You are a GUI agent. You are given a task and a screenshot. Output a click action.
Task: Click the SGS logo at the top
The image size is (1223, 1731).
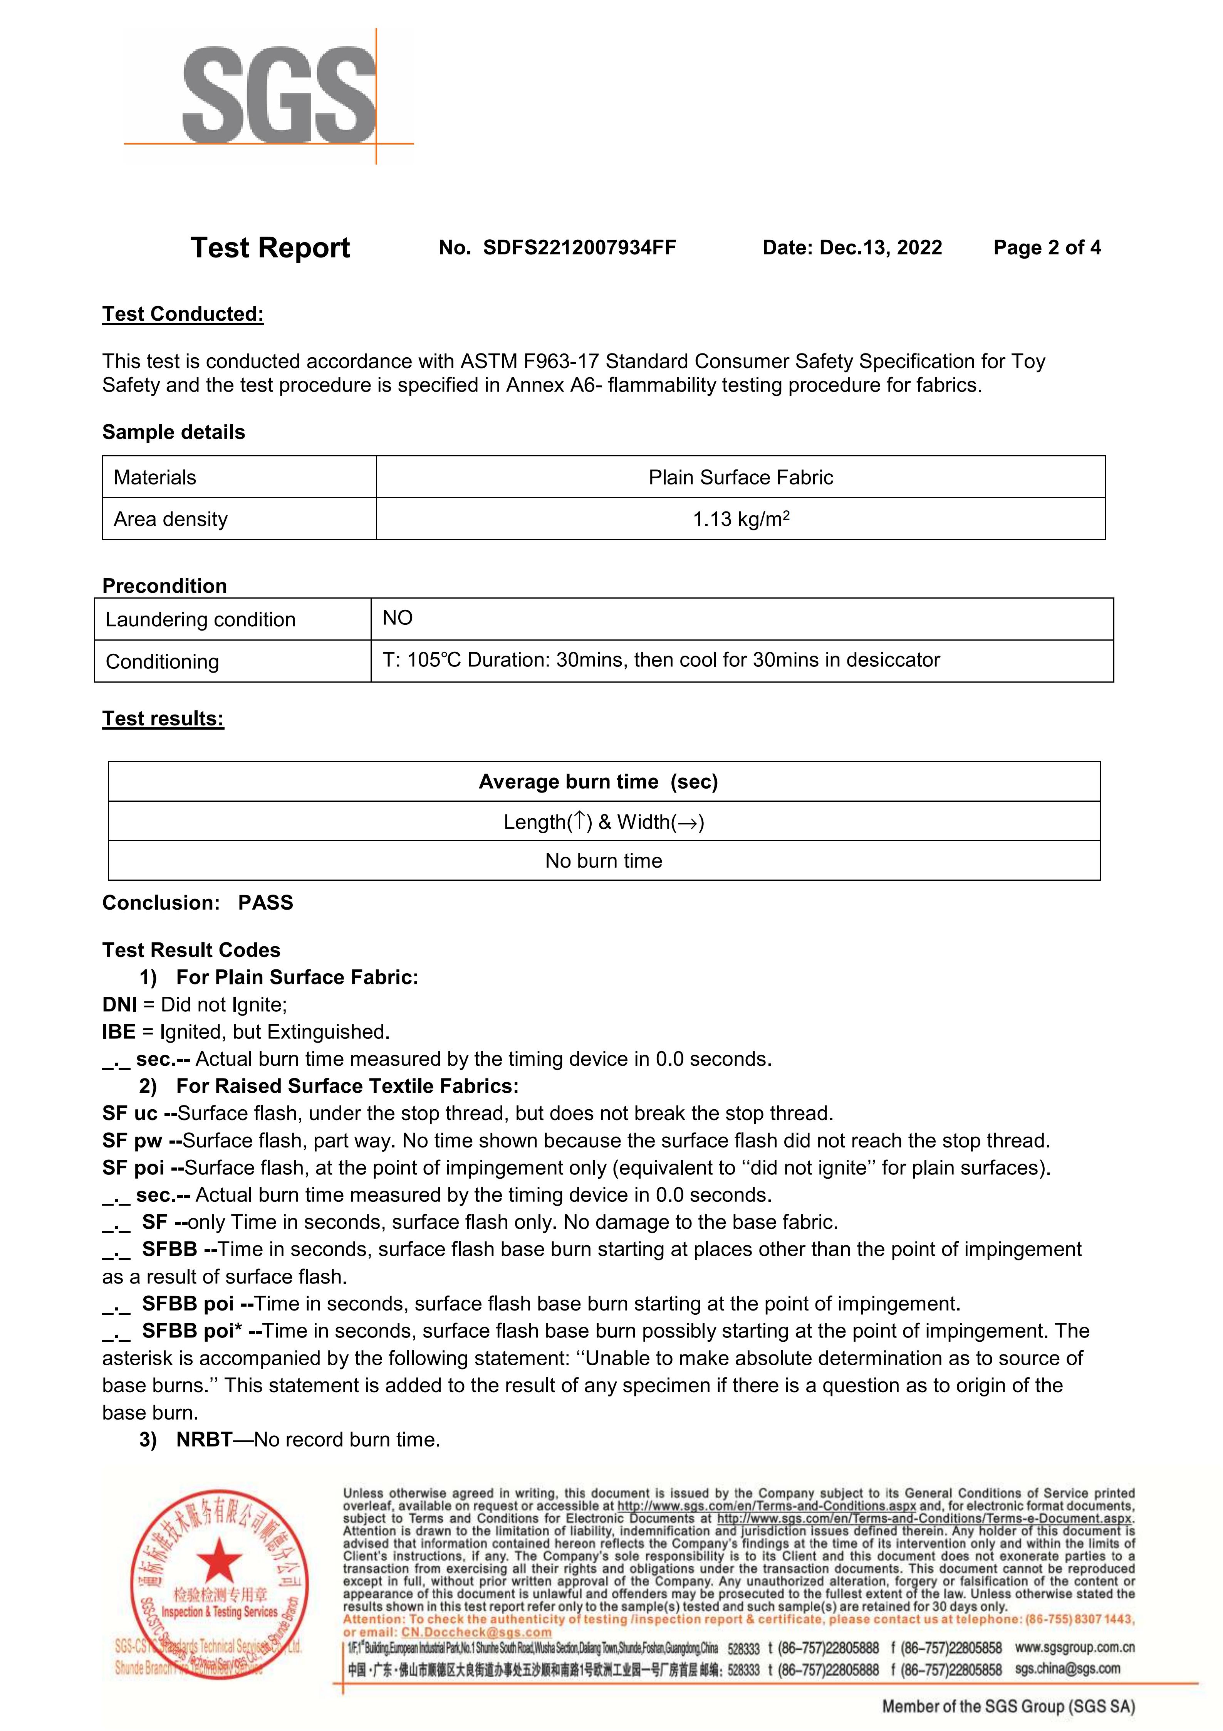click(279, 96)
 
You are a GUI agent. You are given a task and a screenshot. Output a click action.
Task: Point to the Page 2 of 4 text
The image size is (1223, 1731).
click(1047, 248)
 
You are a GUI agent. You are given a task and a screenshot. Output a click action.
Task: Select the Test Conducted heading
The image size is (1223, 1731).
click(183, 315)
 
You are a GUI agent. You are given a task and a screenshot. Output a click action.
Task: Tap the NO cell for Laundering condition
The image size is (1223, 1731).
click(398, 618)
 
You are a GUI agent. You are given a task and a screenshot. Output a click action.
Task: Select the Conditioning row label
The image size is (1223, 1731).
click(162, 662)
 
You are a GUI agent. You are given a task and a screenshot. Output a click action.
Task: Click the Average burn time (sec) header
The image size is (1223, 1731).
click(598, 782)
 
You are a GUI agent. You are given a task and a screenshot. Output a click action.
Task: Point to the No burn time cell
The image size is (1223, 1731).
click(604, 861)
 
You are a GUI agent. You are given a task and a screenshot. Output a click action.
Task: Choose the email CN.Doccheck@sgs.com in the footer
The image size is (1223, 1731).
click(476, 1632)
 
